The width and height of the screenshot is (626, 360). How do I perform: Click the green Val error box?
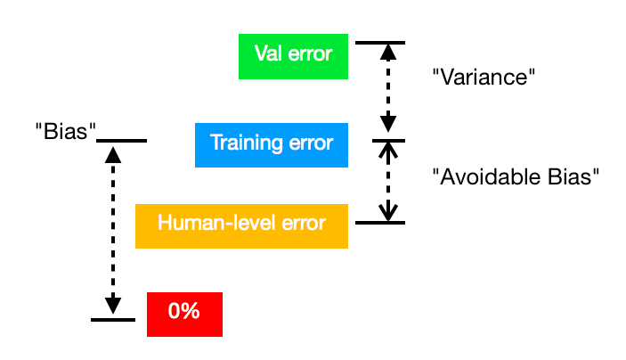point(293,56)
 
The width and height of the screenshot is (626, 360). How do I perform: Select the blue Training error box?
point(272,145)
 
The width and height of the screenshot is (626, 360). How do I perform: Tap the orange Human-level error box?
point(241,226)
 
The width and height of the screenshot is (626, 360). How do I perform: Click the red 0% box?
point(184,315)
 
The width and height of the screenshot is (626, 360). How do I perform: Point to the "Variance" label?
point(484,78)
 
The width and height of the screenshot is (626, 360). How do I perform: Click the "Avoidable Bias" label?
point(516,176)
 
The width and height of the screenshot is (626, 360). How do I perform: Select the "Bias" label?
point(66,131)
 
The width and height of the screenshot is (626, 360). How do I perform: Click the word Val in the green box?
point(268,53)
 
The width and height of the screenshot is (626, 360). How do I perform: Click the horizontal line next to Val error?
point(380,43)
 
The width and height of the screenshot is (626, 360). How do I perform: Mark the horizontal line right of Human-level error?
point(380,223)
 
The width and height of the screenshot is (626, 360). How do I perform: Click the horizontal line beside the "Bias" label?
point(121,141)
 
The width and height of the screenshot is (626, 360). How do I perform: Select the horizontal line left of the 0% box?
point(113,320)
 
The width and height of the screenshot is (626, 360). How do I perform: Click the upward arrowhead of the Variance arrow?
point(388,53)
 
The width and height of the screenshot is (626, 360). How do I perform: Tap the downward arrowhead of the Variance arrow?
point(388,124)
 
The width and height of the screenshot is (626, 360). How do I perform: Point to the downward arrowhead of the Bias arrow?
point(113,306)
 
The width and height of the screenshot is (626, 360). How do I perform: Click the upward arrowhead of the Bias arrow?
point(113,155)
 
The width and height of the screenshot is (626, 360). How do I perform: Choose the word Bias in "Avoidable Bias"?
point(573,176)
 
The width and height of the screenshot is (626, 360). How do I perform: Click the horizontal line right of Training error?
point(388,141)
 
